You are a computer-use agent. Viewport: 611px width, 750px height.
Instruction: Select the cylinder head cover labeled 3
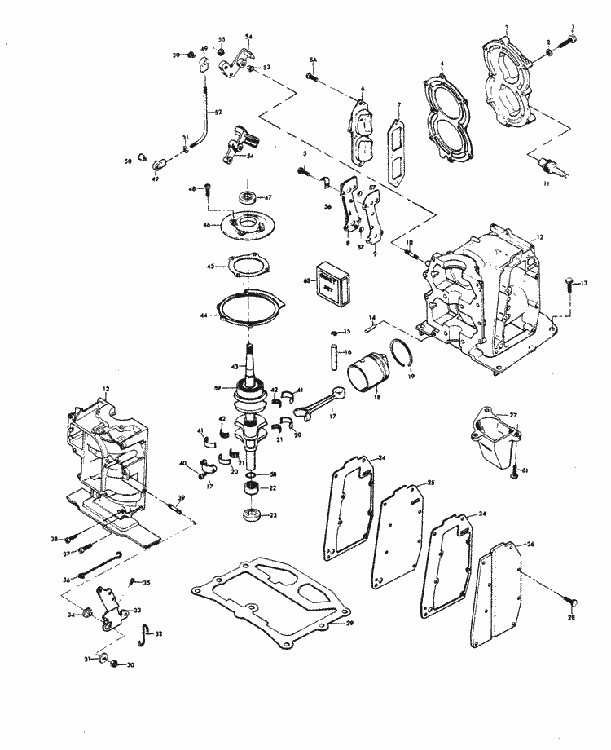(x=512, y=82)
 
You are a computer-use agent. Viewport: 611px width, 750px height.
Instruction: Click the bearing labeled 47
(x=244, y=197)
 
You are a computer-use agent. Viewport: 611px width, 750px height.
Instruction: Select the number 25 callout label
(x=430, y=483)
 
